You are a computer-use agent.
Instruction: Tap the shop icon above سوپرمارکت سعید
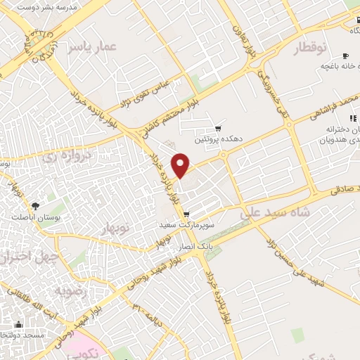[186, 214]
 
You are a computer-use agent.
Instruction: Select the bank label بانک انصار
[193, 247]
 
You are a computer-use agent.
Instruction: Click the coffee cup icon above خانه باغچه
[345, 56]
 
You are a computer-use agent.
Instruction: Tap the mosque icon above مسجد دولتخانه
[18, 325]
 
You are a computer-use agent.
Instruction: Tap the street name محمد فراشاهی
[337, 110]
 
